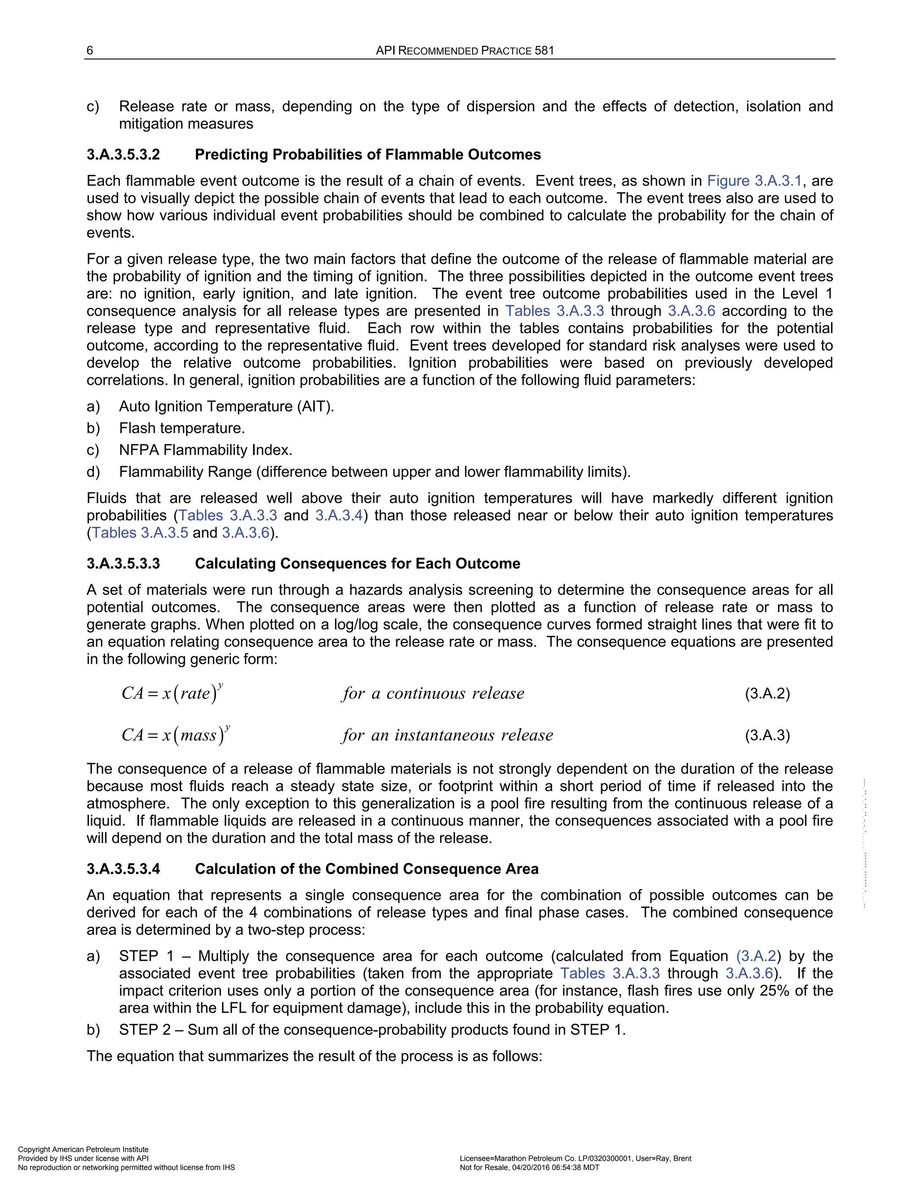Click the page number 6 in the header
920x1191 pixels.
(x=90, y=51)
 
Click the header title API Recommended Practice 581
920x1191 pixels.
(x=465, y=51)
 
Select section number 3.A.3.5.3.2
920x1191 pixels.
(x=123, y=155)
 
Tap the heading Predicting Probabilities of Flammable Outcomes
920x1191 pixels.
(x=368, y=155)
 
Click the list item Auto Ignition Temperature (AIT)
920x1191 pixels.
(x=226, y=406)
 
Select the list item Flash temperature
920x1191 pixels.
(x=182, y=428)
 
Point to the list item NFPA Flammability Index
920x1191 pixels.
(x=205, y=450)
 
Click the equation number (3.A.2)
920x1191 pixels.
(x=767, y=693)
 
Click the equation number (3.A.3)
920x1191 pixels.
(x=767, y=736)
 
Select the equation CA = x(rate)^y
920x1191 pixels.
(x=172, y=693)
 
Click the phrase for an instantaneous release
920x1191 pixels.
(x=447, y=735)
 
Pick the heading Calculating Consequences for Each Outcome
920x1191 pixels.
(x=358, y=563)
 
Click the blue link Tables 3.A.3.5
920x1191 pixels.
(x=140, y=533)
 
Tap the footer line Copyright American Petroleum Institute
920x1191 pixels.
(x=84, y=1150)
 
